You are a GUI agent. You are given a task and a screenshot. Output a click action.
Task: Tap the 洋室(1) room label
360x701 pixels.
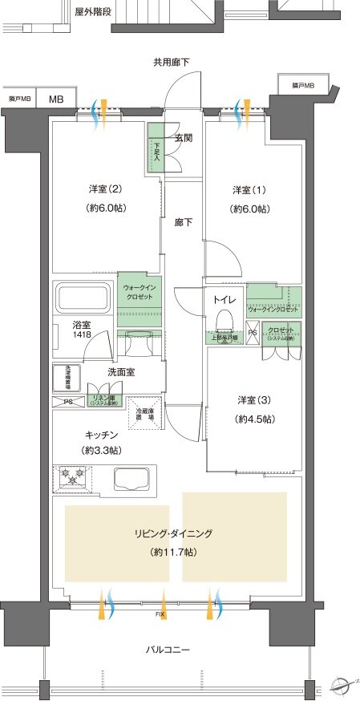tap(249, 190)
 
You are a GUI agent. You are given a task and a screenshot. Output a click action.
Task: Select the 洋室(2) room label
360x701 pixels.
tap(107, 190)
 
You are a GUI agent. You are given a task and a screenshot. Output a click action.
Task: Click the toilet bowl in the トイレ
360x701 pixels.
tap(224, 320)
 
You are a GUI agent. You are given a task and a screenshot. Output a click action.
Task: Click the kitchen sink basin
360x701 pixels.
tap(133, 480)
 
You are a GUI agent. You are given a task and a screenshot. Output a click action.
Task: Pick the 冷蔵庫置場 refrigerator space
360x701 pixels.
tap(145, 414)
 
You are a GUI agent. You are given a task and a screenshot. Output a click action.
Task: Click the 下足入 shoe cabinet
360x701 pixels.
tap(156, 149)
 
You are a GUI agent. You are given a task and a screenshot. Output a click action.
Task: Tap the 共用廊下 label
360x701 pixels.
tap(171, 63)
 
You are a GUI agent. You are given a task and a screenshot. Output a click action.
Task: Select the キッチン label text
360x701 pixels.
tap(103, 434)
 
